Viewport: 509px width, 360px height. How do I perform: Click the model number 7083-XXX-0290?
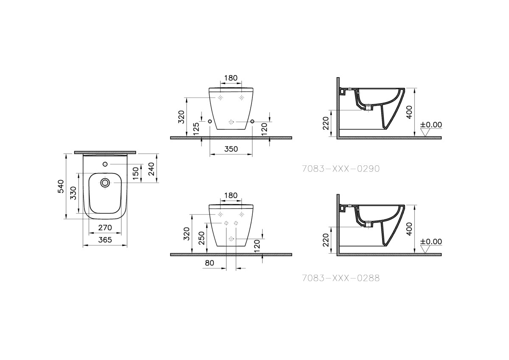click(x=341, y=168)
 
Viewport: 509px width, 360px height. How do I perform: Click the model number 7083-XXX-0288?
click(x=341, y=278)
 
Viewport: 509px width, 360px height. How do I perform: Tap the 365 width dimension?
click(x=105, y=240)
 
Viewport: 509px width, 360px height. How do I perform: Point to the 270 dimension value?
click(x=105, y=228)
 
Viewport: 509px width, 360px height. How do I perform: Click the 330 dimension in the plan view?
click(x=73, y=194)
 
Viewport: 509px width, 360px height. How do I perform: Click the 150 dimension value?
click(x=135, y=173)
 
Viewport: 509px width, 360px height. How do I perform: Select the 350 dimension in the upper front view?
click(x=231, y=149)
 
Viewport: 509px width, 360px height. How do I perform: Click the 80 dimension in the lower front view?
click(x=209, y=263)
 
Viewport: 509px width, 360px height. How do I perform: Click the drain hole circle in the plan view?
click(x=105, y=183)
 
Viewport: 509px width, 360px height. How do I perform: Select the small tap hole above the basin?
click(x=105, y=164)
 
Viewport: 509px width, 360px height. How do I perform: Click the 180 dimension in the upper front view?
click(x=231, y=78)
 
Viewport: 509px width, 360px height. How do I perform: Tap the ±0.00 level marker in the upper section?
click(x=431, y=125)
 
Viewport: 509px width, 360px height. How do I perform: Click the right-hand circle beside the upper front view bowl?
click(x=252, y=122)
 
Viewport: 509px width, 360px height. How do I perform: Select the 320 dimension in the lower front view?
click(x=186, y=234)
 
